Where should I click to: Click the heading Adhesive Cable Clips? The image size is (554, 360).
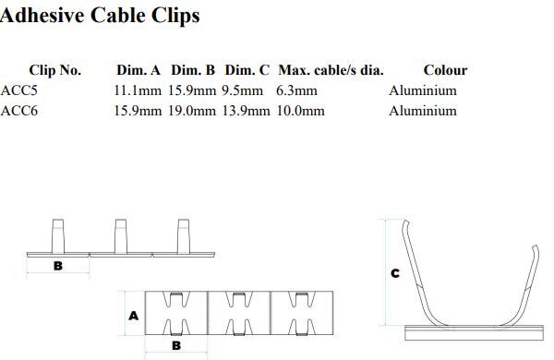click(x=100, y=16)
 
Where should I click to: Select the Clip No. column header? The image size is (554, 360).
click(x=55, y=70)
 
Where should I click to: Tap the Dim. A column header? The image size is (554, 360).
click(x=139, y=70)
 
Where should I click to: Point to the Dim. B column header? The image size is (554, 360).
click(x=193, y=70)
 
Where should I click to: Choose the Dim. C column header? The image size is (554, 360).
click(x=247, y=70)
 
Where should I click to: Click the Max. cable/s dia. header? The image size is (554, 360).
click(x=331, y=70)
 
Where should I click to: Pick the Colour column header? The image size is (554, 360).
click(x=445, y=70)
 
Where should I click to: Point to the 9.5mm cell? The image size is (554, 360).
click(x=242, y=90)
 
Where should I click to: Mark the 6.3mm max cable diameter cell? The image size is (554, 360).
click(x=296, y=90)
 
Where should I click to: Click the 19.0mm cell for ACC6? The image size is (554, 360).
click(x=192, y=111)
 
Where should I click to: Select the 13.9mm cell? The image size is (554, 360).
click(x=247, y=111)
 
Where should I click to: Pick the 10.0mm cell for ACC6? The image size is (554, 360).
click(x=300, y=111)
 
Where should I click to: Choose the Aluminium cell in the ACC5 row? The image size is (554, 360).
click(x=423, y=90)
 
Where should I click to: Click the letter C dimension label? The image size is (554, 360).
click(x=395, y=273)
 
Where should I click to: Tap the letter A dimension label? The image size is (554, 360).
click(x=133, y=315)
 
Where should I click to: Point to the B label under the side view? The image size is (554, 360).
click(x=57, y=267)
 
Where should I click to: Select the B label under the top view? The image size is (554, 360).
click(x=175, y=345)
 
